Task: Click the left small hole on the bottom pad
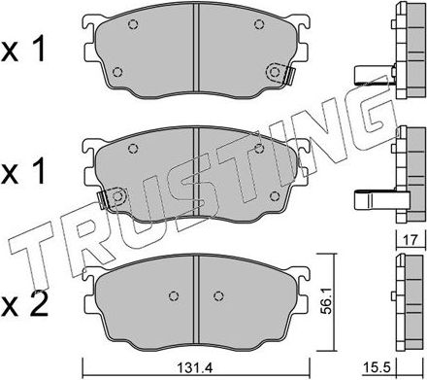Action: pyautogui.click(x=172, y=297)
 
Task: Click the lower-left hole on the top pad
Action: pyautogui.click(x=116, y=71)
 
